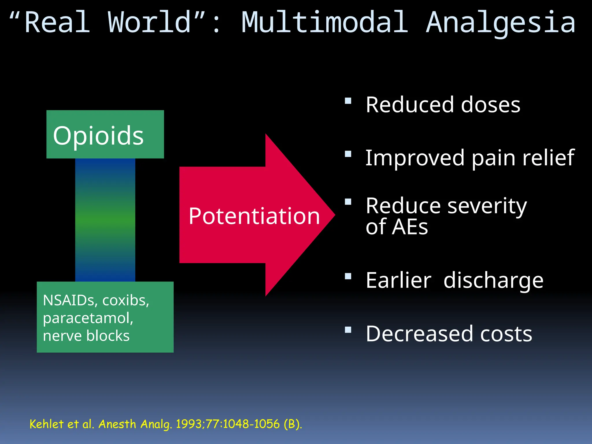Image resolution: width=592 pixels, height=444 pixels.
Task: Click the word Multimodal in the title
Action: click(x=325, y=23)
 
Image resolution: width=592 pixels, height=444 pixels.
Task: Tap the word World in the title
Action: click(x=149, y=23)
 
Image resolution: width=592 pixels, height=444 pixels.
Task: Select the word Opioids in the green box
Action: click(x=98, y=136)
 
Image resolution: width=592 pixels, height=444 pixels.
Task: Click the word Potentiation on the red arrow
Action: click(x=254, y=216)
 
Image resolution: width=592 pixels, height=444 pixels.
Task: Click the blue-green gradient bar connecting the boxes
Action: click(x=105, y=220)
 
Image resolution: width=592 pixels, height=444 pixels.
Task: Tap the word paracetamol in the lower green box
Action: click(x=88, y=318)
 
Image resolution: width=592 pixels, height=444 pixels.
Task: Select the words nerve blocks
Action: click(x=86, y=336)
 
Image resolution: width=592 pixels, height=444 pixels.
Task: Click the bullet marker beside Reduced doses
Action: click(x=348, y=101)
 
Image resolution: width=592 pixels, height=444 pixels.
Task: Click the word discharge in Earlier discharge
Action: click(x=493, y=280)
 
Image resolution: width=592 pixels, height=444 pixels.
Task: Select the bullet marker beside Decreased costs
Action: click(x=348, y=330)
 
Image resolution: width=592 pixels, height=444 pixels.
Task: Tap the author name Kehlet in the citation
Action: click(x=46, y=424)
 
